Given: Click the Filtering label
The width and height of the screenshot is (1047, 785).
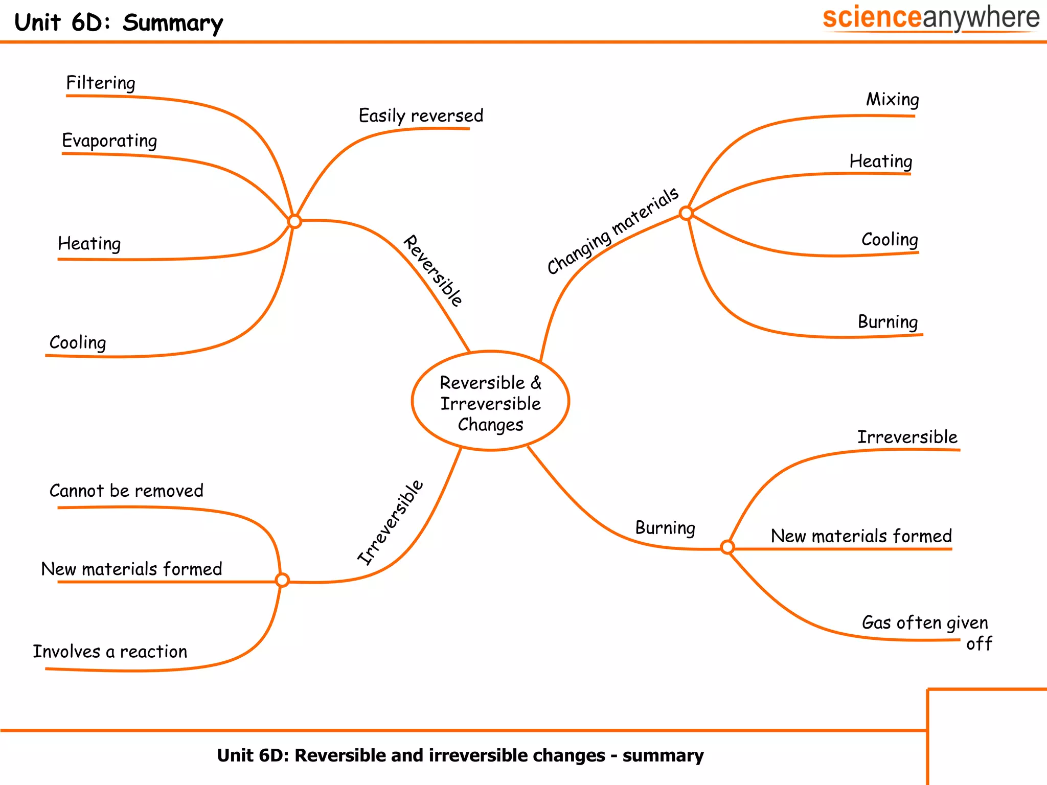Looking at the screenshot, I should [x=101, y=83].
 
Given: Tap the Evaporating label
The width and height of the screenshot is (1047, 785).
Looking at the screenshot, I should [x=109, y=141].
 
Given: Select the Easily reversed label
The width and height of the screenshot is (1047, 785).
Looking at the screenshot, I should [x=421, y=116].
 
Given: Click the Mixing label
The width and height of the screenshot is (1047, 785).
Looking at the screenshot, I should [x=892, y=100].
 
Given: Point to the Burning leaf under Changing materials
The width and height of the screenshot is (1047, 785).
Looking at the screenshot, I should [x=887, y=322].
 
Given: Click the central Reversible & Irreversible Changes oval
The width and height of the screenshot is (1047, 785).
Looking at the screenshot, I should [x=490, y=402].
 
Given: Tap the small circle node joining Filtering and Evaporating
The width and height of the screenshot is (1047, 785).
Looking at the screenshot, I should [x=294, y=221].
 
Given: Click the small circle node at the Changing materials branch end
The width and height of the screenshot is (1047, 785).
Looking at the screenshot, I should [x=686, y=213].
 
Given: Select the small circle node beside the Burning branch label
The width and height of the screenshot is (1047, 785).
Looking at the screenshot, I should [x=727, y=547].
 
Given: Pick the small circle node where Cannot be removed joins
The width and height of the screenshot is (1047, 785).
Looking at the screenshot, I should [x=282, y=580].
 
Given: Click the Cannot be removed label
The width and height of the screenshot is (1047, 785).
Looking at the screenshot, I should [x=126, y=491].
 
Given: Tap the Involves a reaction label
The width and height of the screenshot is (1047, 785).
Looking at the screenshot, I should [x=110, y=652].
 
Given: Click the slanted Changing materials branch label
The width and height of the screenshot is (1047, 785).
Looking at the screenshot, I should [x=612, y=231].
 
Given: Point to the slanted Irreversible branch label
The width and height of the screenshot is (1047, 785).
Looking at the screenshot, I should [x=391, y=522].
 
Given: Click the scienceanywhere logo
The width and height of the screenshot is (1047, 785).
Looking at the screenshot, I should [x=930, y=18].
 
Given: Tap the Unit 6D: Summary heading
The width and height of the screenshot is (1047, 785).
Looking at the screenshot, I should [x=119, y=23].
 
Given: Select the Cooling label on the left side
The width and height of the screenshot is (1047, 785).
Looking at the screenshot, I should [x=78, y=342].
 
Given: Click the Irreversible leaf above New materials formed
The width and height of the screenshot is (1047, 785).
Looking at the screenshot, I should [x=907, y=437].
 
